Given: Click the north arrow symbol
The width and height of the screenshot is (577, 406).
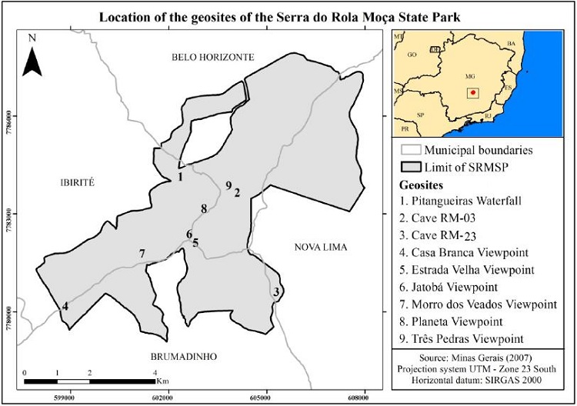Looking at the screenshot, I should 31,58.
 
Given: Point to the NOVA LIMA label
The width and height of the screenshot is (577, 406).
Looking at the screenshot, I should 321,247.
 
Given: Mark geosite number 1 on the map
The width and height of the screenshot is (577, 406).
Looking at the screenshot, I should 180,177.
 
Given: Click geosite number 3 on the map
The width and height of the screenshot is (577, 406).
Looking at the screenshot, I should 275,291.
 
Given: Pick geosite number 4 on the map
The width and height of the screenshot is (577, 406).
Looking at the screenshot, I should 65,306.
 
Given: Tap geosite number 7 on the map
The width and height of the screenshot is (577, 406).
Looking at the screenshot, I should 142,254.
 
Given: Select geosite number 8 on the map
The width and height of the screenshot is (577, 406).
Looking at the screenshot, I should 203,208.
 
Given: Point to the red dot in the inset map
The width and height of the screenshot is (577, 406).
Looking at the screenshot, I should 473,94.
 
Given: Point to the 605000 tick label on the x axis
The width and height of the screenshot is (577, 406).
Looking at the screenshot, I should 264,398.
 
